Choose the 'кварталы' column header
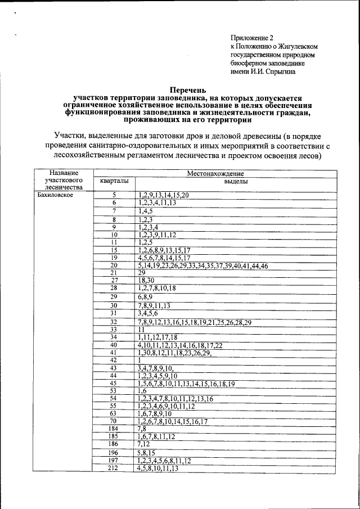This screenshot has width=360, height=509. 114,182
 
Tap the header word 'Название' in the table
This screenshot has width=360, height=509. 62,173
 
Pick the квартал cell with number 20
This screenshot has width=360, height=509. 114,265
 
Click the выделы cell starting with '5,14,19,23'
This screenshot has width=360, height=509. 202,265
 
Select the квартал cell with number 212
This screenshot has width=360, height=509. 114,468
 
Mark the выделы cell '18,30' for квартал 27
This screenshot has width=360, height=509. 146,280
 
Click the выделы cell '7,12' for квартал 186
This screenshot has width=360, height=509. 144,443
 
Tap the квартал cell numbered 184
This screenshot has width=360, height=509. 114,428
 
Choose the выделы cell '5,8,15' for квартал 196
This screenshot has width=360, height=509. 146,452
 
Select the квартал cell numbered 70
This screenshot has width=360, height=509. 114,421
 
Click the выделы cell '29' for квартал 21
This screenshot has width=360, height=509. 142,272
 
